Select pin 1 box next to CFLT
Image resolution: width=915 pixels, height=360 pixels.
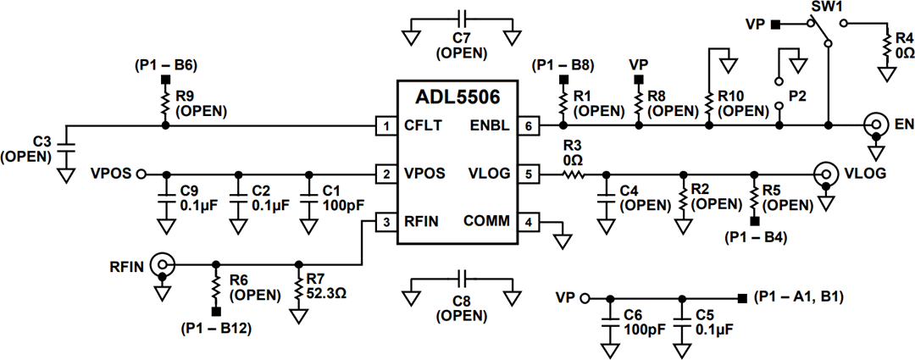click(x=386, y=126)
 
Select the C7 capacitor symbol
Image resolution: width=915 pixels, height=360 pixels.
click(x=461, y=19)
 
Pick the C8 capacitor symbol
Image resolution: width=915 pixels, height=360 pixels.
click(x=461, y=279)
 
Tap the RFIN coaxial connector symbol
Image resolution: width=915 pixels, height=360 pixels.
click(x=160, y=264)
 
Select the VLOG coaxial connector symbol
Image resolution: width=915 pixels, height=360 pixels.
click(x=823, y=174)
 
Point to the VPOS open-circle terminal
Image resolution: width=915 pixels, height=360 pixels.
click(x=141, y=174)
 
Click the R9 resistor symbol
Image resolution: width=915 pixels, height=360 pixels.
click(x=165, y=104)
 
